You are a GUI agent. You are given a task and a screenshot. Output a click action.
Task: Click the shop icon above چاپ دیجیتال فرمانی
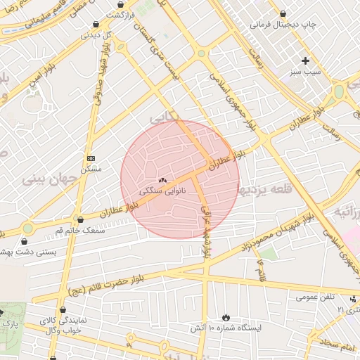pos(283,13)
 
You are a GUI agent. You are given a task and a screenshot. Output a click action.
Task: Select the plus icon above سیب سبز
pos(305,60)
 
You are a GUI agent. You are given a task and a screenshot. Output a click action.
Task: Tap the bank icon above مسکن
pos(91,158)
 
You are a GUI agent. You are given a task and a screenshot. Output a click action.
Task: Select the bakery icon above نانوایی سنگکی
pos(162,180)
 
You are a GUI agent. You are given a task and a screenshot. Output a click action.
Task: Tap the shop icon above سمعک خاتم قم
pos(80,219)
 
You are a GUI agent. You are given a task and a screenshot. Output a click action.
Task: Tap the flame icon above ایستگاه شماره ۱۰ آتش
pos(226,317)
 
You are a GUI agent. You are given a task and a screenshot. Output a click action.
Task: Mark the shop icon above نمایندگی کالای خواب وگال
pos(64,309)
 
